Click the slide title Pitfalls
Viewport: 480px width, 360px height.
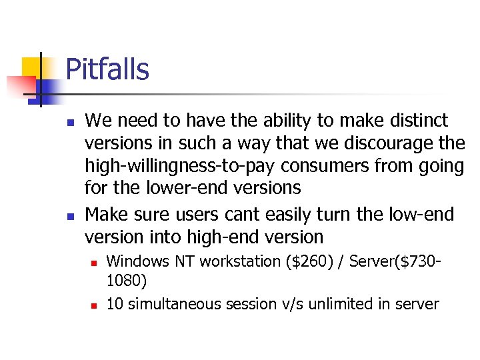click(107, 69)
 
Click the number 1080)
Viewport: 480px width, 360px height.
click(127, 282)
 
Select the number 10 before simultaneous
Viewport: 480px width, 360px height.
click(115, 305)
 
